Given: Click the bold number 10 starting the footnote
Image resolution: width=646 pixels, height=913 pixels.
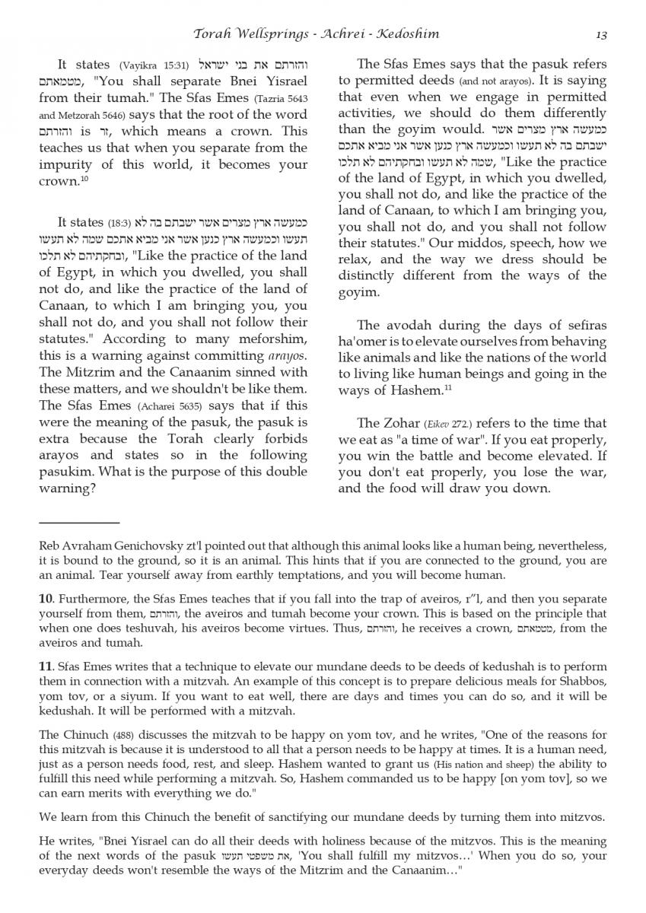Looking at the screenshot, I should [x=45, y=600].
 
